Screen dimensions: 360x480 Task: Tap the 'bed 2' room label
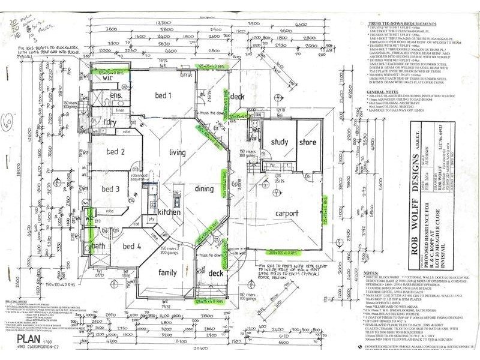coord(115,152)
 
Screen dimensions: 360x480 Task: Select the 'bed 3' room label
coord(110,190)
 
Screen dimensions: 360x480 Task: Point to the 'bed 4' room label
coord(132,246)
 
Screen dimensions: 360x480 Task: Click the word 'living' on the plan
coord(179,152)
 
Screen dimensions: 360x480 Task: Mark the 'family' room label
coord(168,272)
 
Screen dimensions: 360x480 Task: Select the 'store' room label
coord(308,142)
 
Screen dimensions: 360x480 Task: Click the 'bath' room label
coord(98,246)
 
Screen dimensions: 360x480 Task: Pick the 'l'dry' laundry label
coord(110,122)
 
